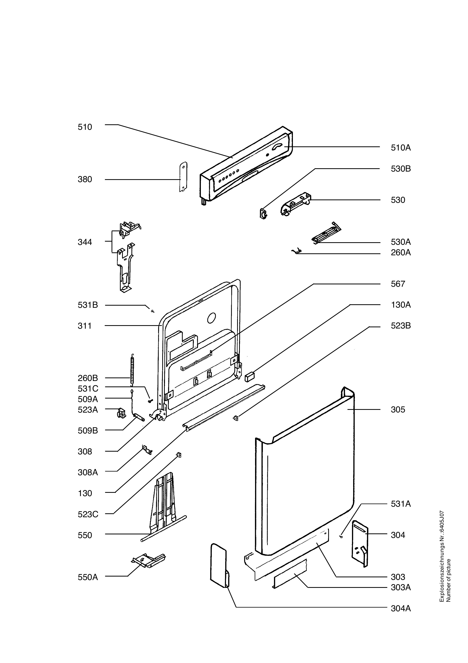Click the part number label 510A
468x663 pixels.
pos(401,148)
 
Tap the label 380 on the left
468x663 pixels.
pos(85,179)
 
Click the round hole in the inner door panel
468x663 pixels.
pos(212,318)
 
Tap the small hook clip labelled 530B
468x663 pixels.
pos(263,214)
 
